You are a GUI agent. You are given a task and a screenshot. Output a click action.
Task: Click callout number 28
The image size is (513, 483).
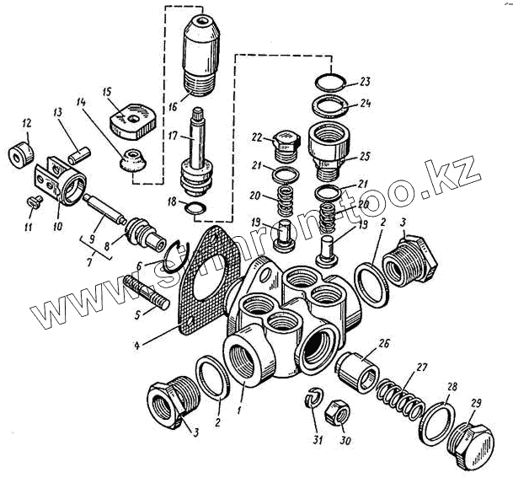[x=452, y=387]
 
